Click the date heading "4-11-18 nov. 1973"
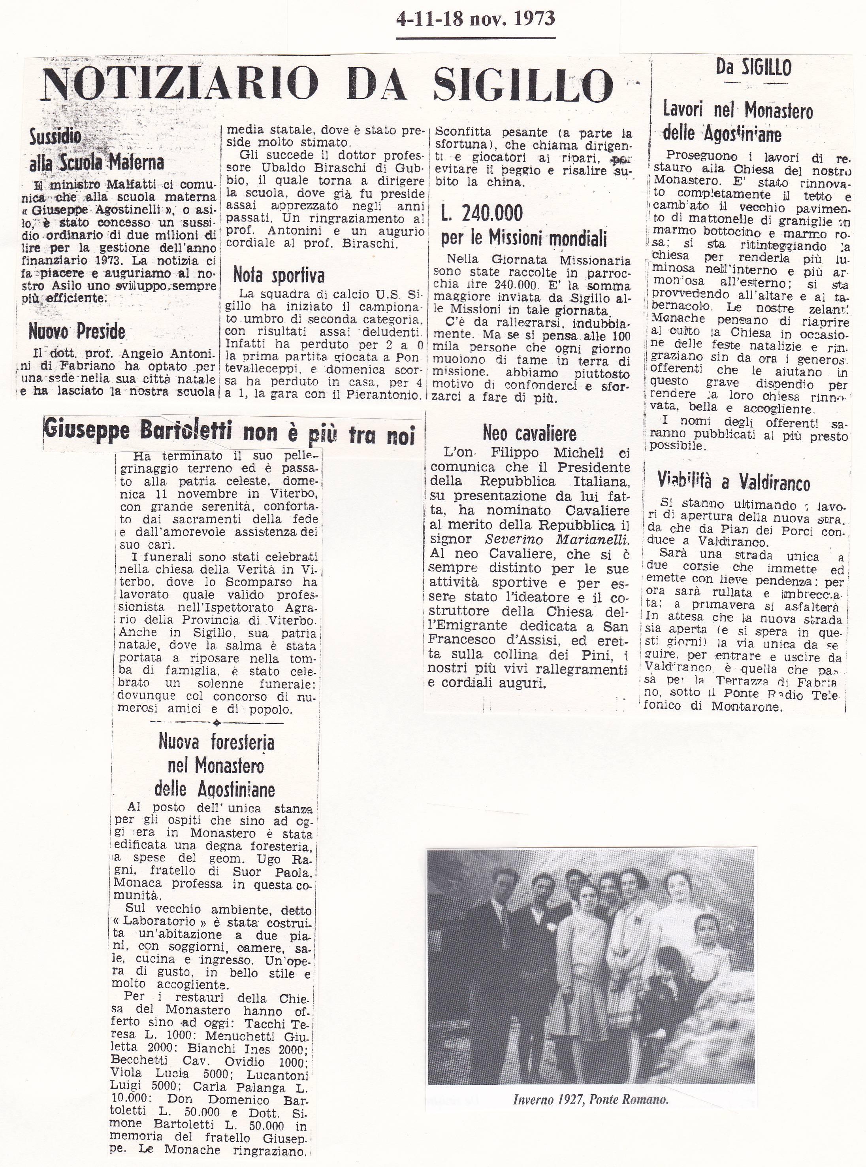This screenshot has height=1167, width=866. point(475,19)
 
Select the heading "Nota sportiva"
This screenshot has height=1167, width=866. point(279,275)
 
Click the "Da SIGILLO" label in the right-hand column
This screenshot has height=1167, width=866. point(753,67)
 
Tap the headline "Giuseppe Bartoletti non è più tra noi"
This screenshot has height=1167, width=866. point(229,433)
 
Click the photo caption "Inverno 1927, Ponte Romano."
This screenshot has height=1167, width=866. point(590,1100)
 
